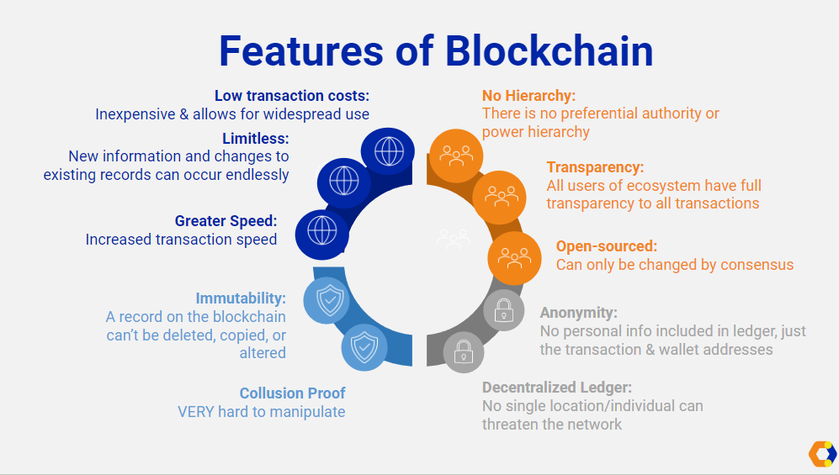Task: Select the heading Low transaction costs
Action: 292,96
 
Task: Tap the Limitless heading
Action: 256,138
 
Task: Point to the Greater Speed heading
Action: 226,221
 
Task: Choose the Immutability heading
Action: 241,298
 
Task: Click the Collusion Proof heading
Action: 292,393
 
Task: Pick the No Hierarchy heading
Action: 528,96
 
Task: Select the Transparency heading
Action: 595,167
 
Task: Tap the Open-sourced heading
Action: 607,246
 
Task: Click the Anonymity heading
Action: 579,313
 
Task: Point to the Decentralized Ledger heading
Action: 557,388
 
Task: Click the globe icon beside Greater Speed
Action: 322,230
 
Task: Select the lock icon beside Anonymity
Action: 503,310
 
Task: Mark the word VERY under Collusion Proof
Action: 196,412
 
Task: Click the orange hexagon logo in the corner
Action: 822,453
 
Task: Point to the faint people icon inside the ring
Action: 453,239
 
